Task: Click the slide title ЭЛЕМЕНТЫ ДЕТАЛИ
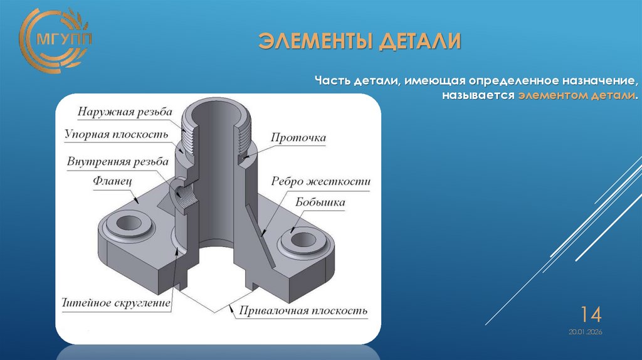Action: click(x=360, y=42)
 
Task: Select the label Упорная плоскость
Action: click(x=117, y=134)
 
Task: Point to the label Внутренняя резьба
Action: click(x=118, y=161)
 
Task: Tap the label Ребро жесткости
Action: click(x=320, y=181)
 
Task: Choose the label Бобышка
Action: click(x=320, y=203)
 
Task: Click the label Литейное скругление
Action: click(x=117, y=304)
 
